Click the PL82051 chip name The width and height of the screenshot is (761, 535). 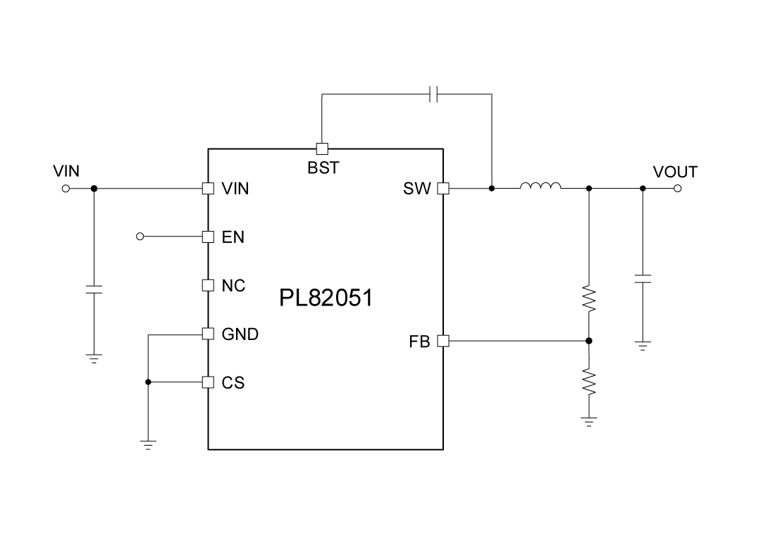[326, 298]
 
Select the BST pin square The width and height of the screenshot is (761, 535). [321, 149]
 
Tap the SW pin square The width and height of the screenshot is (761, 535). [443, 189]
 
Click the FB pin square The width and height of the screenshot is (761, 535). [443, 341]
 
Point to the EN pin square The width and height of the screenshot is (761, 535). [208, 237]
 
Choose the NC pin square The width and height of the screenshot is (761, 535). [208, 285]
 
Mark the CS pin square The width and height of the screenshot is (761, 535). [208, 382]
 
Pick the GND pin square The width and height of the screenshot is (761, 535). [208, 334]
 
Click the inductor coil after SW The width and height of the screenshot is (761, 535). [540, 187]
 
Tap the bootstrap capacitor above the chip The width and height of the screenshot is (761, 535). [435, 94]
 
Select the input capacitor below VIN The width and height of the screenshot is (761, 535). [94, 289]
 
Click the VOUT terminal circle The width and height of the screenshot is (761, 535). [678, 189]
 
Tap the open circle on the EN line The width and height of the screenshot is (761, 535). [140, 237]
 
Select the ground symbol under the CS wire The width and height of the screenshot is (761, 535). [148, 444]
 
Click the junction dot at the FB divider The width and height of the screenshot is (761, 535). [589, 341]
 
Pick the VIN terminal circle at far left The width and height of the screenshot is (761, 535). [66, 189]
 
